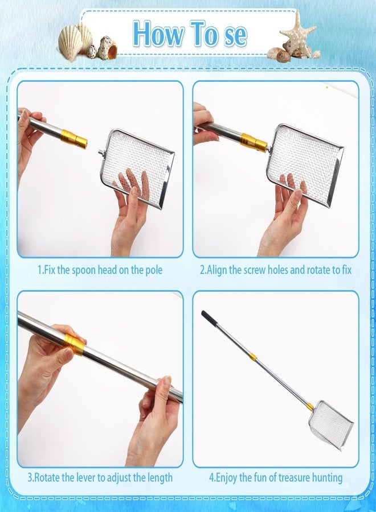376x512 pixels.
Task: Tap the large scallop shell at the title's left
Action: click(x=70, y=43)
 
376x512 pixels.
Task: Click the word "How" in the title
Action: click(x=159, y=34)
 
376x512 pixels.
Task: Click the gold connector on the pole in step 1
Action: click(x=74, y=138)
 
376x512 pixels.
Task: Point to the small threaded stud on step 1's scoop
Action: click(x=101, y=151)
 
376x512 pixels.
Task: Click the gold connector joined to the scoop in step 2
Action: click(x=254, y=142)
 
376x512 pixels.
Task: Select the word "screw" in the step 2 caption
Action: click(x=254, y=270)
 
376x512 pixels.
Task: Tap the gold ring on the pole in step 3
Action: click(x=73, y=344)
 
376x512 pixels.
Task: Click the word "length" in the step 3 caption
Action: click(x=160, y=478)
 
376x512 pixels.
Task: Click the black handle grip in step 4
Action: click(x=209, y=317)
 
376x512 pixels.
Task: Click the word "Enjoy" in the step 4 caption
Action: click(x=227, y=478)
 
